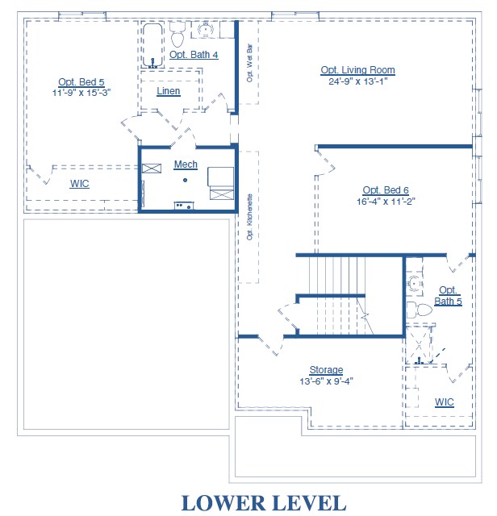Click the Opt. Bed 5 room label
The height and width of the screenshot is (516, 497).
coord(81,82)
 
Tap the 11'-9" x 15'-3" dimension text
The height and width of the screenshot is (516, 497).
coord(81,93)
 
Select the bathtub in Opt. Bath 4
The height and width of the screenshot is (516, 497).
coord(152,45)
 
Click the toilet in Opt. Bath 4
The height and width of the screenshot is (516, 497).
coord(177,35)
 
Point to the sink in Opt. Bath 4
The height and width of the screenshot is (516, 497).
coord(205,29)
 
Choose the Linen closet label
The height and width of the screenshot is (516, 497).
coord(169,91)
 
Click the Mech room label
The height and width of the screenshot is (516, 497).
coord(186,164)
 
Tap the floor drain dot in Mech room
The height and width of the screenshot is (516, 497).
coord(185,180)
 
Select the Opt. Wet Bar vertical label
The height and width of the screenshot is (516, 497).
coord(249,63)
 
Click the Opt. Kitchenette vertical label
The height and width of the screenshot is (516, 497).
coord(249,217)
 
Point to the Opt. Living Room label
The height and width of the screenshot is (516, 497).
coord(357,70)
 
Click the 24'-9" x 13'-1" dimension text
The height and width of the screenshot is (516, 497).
coord(357,81)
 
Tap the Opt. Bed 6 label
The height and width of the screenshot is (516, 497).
coord(386,190)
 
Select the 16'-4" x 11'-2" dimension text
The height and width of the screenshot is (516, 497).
coord(386,202)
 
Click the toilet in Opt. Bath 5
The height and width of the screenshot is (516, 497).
coord(420,310)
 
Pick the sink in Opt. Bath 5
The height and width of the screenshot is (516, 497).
coord(414,284)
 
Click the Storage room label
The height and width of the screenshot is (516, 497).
coord(326,370)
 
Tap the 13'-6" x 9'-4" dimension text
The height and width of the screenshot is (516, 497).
coord(326,381)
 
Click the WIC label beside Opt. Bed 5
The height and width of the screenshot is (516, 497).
coord(79,184)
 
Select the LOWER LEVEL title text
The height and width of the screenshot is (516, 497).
coord(264,503)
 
